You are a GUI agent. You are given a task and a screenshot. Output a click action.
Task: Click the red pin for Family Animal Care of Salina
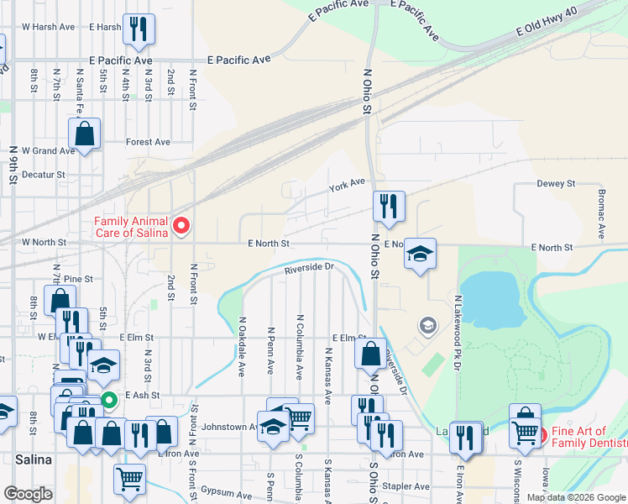[181, 226]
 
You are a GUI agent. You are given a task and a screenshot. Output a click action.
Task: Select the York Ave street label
[347, 184]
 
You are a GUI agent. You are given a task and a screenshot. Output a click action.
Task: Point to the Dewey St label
[555, 183]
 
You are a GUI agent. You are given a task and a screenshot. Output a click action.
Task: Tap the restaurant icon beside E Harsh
[136, 29]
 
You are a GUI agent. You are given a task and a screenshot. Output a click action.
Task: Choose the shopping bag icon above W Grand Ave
[85, 133]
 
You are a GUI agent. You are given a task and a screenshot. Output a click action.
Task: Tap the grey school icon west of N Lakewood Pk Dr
[427, 325]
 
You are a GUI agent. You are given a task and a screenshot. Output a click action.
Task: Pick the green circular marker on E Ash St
[108, 401]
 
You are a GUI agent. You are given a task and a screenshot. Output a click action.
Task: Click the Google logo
[29, 493]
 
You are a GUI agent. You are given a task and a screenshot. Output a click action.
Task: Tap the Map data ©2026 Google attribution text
[575, 497]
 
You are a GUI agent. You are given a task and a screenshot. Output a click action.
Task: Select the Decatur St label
[43, 175]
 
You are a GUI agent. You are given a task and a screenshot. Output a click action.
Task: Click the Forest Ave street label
[149, 142]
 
